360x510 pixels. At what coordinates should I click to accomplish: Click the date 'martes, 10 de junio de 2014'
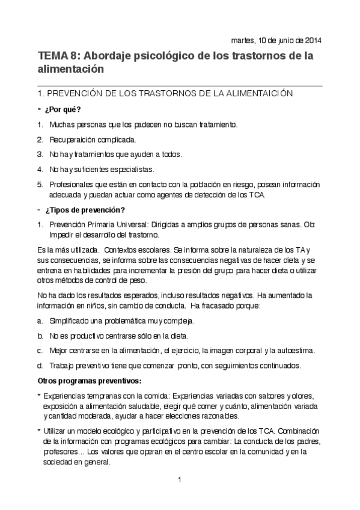click(276, 41)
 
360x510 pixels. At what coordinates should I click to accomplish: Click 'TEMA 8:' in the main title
click(58, 56)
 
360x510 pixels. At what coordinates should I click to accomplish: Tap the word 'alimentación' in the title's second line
click(71, 69)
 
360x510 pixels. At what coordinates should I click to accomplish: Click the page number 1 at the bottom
click(180, 479)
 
